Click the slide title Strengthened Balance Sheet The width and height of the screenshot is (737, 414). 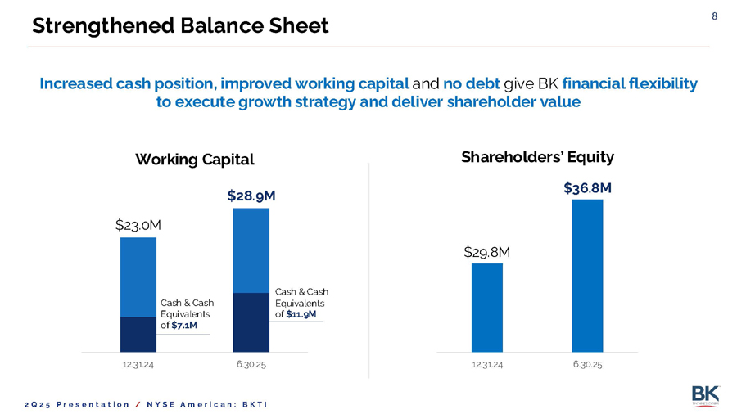179,26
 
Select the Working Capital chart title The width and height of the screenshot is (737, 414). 195,159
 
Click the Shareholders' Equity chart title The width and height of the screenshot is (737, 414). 537,155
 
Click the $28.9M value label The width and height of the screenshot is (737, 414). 251,196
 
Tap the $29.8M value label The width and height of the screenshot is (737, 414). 486,252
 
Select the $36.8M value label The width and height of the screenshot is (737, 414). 587,188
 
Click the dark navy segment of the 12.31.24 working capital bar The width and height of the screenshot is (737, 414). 138,334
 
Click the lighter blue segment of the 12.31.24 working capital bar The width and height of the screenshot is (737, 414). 138,277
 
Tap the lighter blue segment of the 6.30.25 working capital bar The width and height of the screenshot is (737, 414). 251,250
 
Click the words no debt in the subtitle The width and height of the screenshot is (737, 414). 471,83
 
